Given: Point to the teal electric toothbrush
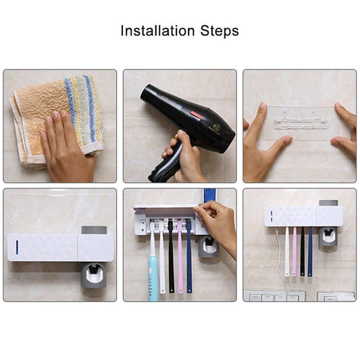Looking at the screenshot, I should click(153, 270).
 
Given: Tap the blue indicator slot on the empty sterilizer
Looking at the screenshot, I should click(16, 247).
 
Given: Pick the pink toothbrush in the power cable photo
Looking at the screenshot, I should click(294, 250).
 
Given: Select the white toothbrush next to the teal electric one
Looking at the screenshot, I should click(162, 263).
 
